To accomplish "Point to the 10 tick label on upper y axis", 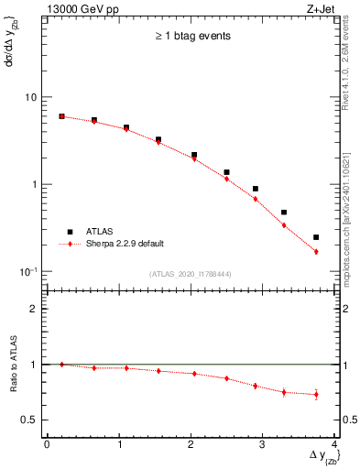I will click(30, 97).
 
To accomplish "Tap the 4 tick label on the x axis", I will click(335, 444).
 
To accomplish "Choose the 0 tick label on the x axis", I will click(47, 444).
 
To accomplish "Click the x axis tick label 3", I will click(263, 444).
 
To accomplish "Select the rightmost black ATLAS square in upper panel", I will click(316, 237).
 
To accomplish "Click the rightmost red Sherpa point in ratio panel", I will click(316, 395).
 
